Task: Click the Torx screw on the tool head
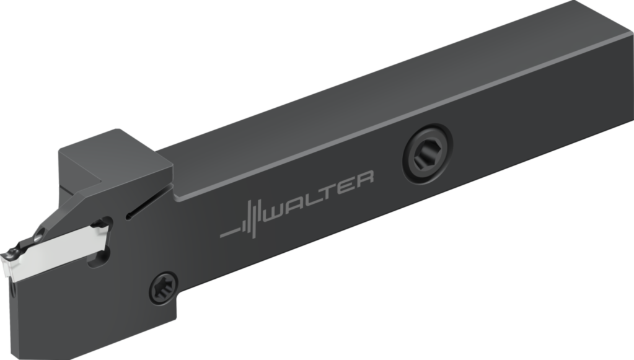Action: [x=163, y=288]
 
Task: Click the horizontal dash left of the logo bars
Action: [x=231, y=234]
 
